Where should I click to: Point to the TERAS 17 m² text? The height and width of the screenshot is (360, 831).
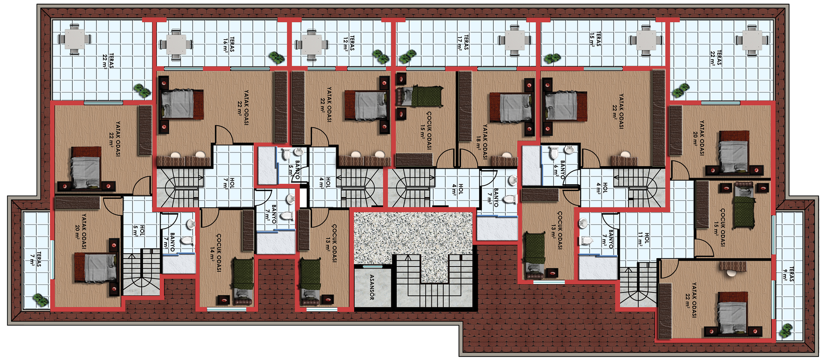pos(463,43)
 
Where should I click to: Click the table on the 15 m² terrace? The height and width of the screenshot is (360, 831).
pos(645,41)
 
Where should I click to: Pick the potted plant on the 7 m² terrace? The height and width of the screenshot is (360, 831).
pos(41,299)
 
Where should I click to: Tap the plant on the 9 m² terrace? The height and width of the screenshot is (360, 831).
pos(786,331)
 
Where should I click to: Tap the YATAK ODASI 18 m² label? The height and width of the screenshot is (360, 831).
pos(481,142)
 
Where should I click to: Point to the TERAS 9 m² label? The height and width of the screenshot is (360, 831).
pos(788,274)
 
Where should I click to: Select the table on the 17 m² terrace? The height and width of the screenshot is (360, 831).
pos(515,40)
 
